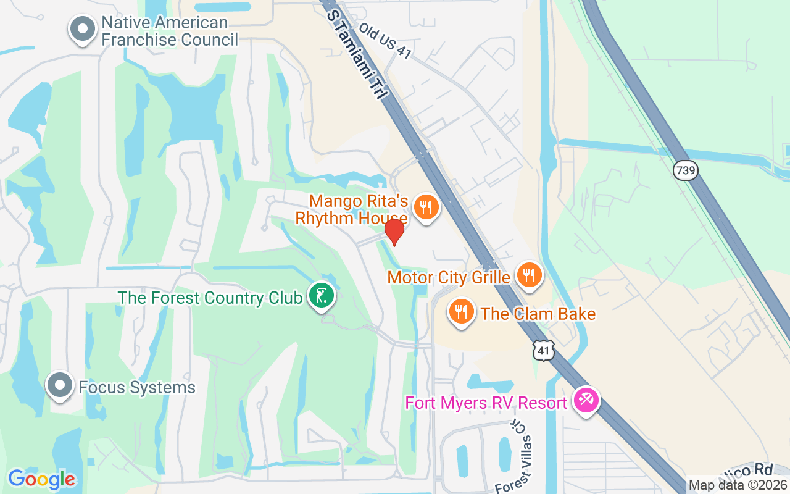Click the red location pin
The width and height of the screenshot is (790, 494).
click(394, 232)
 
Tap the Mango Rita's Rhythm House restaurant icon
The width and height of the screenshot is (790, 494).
click(425, 207)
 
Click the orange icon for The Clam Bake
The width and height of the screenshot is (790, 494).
click(460, 311)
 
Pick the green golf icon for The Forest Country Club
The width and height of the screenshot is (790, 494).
click(321, 296)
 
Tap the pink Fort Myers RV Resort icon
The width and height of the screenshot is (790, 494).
click(584, 400)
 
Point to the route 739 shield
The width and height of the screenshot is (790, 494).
click(685, 169)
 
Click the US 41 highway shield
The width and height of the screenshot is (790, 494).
click(544, 350)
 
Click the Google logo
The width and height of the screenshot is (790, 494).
click(41, 479)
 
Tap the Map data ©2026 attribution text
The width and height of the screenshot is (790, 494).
click(738, 485)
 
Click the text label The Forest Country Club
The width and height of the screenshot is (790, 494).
click(210, 298)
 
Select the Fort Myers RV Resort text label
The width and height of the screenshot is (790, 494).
click(486, 403)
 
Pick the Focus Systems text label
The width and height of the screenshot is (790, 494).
click(137, 388)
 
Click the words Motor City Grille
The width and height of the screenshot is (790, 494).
click(449, 277)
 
